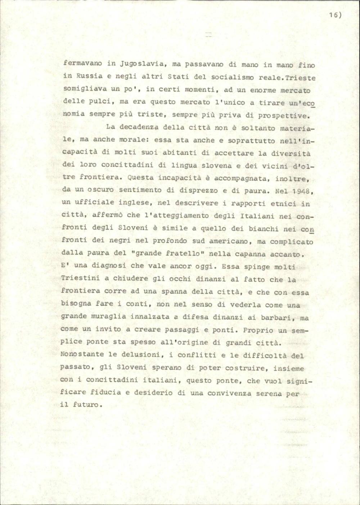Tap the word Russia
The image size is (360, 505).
point(89,77)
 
